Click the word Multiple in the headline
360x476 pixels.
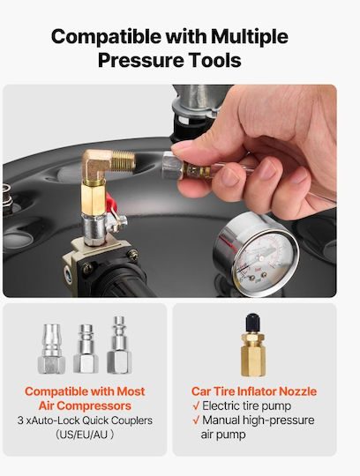pos(249,37)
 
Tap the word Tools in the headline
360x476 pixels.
pos(214,60)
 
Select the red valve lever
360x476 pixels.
pos(111,203)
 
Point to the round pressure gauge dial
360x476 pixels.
pos(256,255)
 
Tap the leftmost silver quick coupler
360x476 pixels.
pos(52,349)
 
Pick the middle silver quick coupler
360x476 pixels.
pos(86,349)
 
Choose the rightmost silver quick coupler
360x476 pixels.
pos(119,346)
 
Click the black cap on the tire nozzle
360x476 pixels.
pos(252,324)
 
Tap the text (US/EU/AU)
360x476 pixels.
pos(85,435)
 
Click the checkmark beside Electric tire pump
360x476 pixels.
pos(196,405)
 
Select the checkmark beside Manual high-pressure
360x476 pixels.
pos(196,420)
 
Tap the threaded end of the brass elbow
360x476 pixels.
pos(124,160)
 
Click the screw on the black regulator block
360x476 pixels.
pos(133,255)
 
